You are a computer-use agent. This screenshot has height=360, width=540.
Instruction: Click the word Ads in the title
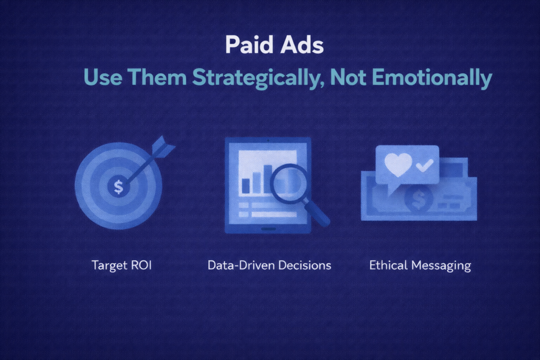point(302,45)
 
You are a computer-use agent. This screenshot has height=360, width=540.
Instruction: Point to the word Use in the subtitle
point(103,77)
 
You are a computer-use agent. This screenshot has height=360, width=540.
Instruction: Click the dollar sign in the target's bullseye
point(119,187)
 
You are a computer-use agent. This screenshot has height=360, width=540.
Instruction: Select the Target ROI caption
point(122,265)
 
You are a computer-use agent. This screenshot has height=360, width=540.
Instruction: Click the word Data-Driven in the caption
point(241,265)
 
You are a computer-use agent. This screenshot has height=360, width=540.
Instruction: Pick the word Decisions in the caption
point(304,265)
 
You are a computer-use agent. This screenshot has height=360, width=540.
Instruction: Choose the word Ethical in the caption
point(388,265)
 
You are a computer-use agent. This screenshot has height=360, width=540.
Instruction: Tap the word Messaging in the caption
point(441,266)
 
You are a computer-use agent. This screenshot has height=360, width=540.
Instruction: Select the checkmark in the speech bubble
point(425,165)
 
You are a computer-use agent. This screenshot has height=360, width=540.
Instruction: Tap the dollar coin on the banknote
point(418,199)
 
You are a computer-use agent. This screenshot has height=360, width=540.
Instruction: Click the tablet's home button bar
point(268,229)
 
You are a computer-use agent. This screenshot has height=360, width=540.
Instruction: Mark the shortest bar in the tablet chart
point(246,186)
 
